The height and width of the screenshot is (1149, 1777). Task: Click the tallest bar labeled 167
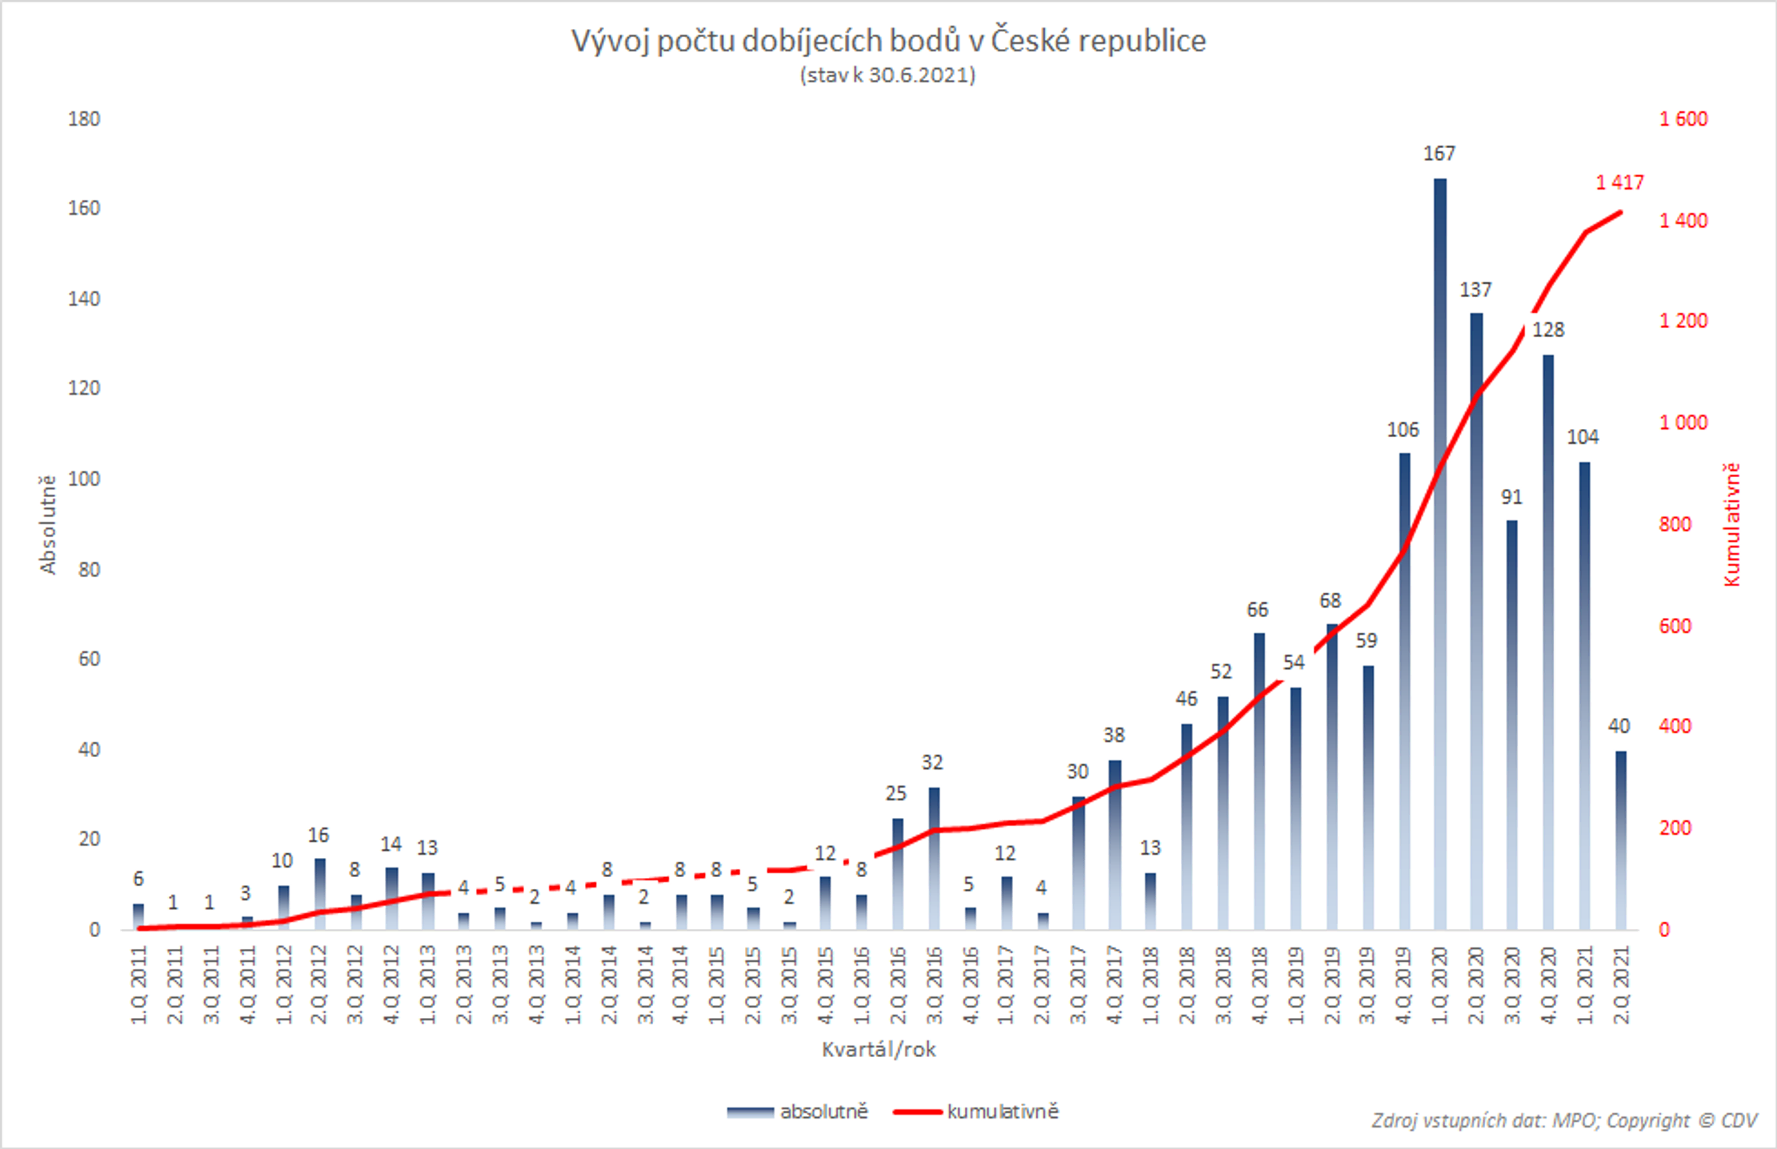click(x=1439, y=552)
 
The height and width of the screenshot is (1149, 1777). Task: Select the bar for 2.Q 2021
click(x=1621, y=839)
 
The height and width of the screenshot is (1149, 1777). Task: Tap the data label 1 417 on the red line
click(x=1619, y=182)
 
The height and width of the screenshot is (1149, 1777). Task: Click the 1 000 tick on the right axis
click(x=1682, y=422)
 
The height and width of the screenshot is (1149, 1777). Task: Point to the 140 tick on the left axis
click(x=84, y=299)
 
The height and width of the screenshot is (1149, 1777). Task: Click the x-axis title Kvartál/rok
click(x=878, y=1049)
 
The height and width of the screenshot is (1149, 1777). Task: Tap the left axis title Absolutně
click(x=47, y=524)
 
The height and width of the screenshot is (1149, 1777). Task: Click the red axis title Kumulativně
click(x=1732, y=524)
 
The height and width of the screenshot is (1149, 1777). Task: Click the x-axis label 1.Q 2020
click(x=1439, y=985)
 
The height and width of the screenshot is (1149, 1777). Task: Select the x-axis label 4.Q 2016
click(x=969, y=985)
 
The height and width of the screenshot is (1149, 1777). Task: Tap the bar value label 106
click(x=1402, y=430)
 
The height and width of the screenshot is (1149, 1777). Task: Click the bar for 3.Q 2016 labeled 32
click(x=934, y=858)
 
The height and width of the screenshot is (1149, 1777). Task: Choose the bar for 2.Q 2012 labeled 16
click(x=320, y=894)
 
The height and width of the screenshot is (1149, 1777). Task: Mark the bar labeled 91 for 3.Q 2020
click(x=1511, y=724)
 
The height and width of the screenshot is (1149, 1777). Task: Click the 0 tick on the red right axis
click(x=1664, y=930)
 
